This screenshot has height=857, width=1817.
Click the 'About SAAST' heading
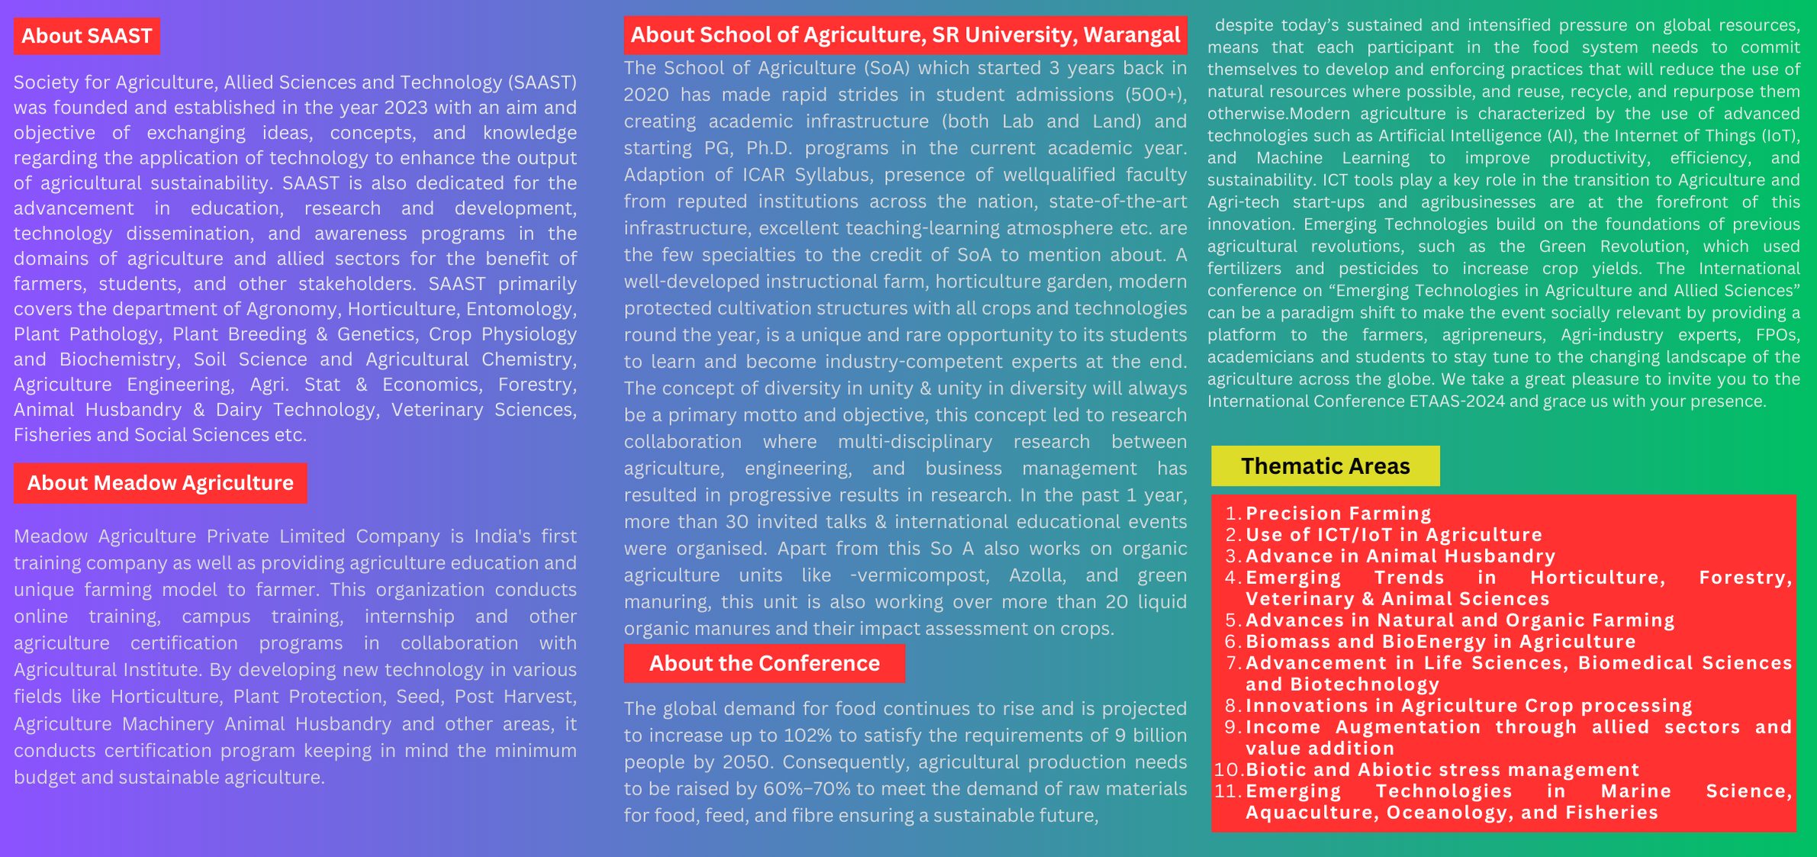[x=86, y=36]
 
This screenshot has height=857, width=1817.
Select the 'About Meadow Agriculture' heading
[x=160, y=483]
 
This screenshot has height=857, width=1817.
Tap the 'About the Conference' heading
[x=764, y=663]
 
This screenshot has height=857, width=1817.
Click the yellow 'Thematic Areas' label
[x=1325, y=466]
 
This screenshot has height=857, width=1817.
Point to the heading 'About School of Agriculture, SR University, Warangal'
[x=905, y=35]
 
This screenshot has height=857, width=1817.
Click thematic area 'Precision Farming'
[x=1339, y=514]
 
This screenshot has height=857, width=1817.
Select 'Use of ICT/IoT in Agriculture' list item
[x=1393, y=535]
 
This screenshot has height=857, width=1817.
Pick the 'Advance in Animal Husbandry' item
[x=1400, y=556]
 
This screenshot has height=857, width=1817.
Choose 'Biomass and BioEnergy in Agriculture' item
[x=1441, y=642]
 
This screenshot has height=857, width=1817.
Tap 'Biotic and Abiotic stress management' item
[x=1442, y=770]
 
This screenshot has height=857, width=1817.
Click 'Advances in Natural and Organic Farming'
[x=1460, y=620]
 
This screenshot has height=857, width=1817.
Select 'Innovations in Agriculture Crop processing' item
[x=1469, y=706]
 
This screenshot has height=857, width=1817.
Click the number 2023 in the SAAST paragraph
[x=406, y=108]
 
